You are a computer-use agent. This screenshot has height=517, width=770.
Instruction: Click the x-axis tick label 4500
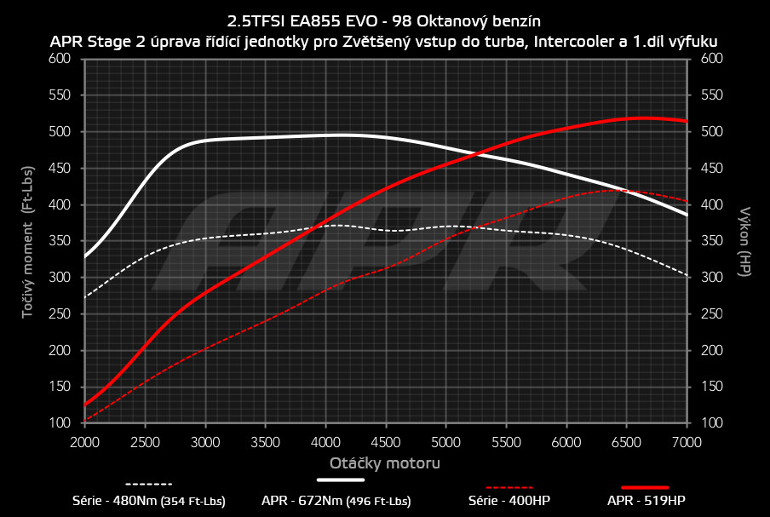click(386, 442)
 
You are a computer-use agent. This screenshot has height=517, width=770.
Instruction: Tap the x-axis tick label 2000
click(84, 442)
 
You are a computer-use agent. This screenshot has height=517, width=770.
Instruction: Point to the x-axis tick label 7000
click(687, 442)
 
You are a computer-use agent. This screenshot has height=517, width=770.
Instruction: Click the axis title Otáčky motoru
click(385, 463)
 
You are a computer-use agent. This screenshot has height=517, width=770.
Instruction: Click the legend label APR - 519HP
click(645, 501)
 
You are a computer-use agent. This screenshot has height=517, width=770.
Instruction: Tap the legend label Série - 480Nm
click(148, 501)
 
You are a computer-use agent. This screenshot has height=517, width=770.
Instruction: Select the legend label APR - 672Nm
click(336, 501)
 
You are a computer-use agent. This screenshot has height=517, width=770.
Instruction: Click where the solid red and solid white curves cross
click(474, 154)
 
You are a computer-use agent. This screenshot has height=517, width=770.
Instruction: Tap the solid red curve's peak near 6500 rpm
click(643, 118)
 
